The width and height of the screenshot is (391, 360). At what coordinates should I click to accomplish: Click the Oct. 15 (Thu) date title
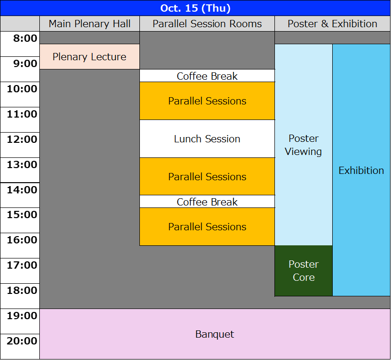coord(195,8)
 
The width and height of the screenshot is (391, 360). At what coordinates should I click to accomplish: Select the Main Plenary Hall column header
coord(89,24)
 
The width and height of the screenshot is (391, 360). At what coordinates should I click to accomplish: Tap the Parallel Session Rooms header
coord(207,24)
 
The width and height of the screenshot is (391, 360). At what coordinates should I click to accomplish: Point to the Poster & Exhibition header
coord(332,24)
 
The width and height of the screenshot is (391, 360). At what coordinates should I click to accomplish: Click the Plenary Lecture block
coord(89,57)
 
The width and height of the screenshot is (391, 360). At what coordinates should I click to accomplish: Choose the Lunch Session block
coord(207,139)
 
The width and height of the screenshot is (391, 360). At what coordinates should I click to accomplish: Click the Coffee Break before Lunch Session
coord(207,76)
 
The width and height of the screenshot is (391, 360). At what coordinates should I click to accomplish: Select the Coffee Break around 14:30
coord(207,202)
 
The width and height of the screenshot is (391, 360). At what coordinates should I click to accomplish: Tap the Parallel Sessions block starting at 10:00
coord(207,101)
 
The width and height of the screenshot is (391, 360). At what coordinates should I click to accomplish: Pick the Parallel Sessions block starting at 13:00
coord(207,176)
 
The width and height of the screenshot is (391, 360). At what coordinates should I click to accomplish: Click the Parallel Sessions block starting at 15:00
coord(207,227)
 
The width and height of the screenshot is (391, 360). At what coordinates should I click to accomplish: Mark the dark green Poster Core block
coord(304,271)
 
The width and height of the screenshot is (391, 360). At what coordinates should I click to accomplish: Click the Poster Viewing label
coord(304,145)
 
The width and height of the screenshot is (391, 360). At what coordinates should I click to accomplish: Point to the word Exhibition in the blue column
coord(361,171)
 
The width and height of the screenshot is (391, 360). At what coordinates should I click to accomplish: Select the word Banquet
coord(215,334)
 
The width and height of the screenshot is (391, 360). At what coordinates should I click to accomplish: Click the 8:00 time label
coord(25,38)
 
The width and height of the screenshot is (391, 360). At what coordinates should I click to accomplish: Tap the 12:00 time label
coord(22,139)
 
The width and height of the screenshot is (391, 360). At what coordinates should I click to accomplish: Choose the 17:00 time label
coord(22,265)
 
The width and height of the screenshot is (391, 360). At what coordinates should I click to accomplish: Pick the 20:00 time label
coord(22,341)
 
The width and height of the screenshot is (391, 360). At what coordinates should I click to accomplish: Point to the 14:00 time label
coord(22,190)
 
